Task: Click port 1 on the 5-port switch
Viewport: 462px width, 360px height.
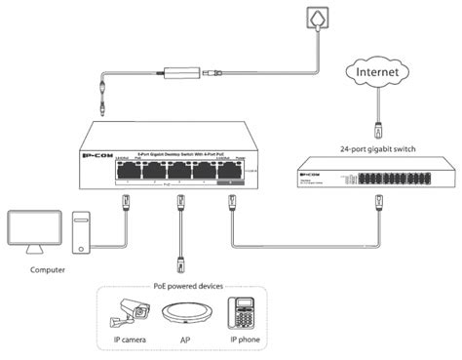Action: (126, 172)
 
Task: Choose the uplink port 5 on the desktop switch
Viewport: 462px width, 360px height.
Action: (232, 172)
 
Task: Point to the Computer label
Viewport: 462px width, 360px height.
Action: (49, 269)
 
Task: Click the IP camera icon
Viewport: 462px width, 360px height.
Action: (131, 314)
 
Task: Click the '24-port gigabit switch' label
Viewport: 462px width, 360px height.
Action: (378, 150)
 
